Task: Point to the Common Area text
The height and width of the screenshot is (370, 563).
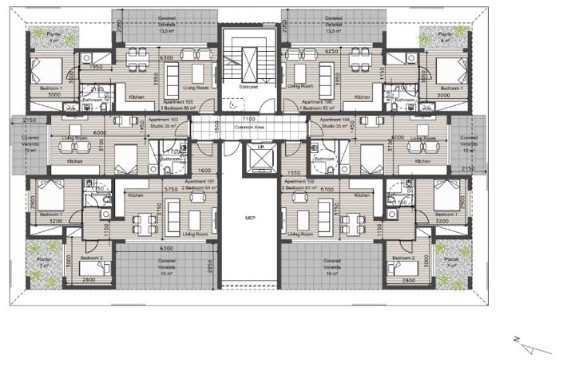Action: point(249,128)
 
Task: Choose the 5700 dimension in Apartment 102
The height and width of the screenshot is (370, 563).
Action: point(327,190)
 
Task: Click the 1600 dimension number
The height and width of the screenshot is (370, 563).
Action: point(204,171)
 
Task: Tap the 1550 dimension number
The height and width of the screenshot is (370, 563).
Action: point(292,171)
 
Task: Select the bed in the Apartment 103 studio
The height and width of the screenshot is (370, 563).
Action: point(126,157)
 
